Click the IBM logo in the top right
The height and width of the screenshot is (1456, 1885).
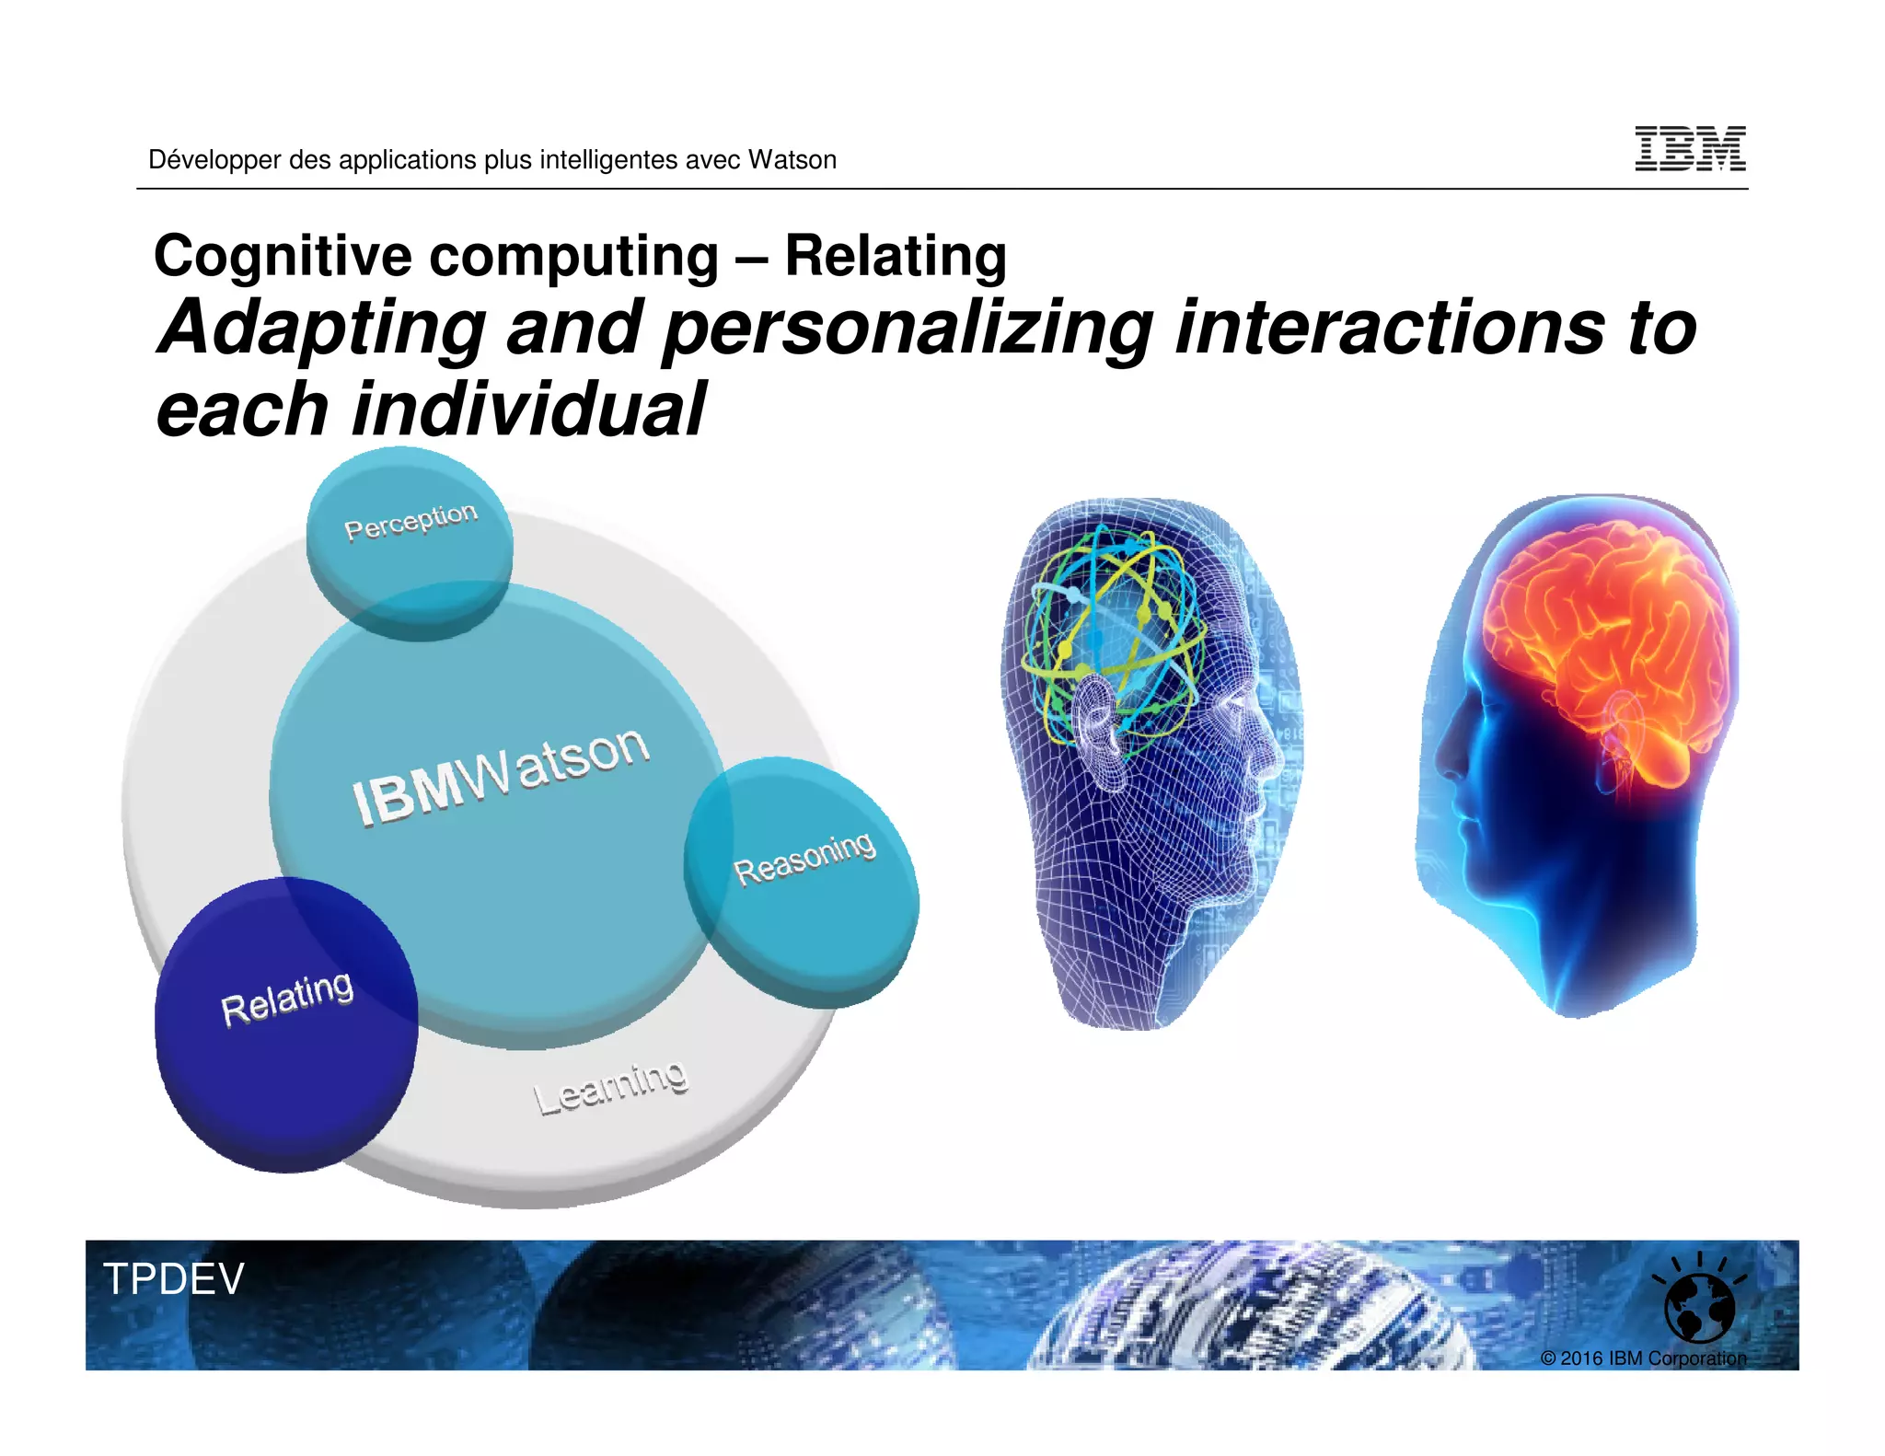1690,149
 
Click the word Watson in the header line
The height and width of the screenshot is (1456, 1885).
792,160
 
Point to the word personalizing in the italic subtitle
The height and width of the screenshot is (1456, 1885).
908,329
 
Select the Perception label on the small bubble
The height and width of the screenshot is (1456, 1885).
411,521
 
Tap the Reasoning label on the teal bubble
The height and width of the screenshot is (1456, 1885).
804,858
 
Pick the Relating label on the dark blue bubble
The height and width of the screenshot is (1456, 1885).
287,998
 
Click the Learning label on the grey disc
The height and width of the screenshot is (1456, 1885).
610,1088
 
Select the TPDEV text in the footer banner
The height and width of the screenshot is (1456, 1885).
174,1279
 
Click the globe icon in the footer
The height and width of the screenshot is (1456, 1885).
1699,1306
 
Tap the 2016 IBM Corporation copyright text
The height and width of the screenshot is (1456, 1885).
1643,1358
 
